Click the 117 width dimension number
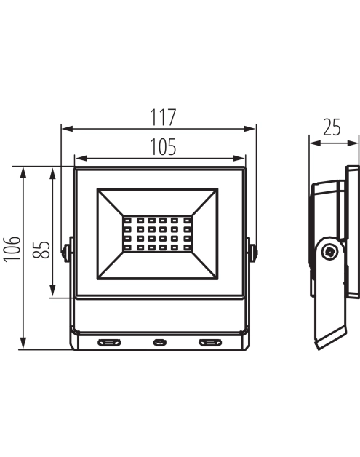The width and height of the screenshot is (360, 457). [x=163, y=117]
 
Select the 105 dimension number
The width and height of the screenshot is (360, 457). [x=163, y=147]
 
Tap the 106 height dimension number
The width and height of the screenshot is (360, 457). [x=12, y=249]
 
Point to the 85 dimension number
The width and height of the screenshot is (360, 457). [x=41, y=250]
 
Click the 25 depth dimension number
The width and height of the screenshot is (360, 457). [x=332, y=127]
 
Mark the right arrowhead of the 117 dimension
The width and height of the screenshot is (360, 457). [x=249, y=129]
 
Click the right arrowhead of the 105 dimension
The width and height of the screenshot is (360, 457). [x=239, y=158]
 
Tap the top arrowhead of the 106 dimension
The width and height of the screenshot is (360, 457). [x=23, y=172]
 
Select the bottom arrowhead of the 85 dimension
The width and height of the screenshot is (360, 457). [x=52, y=290]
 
